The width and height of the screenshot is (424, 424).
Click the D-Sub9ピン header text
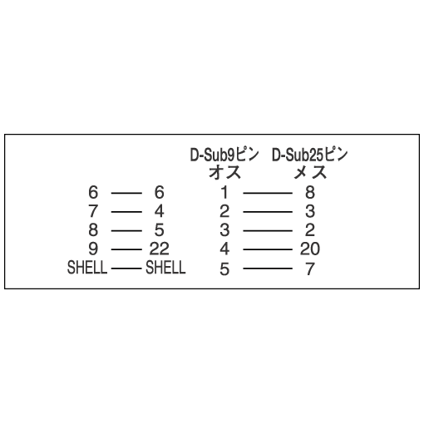pyautogui.click(x=224, y=155)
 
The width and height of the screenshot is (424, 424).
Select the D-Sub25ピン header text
pyautogui.click(x=309, y=155)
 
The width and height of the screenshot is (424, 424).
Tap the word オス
pyautogui.click(x=224, y=172)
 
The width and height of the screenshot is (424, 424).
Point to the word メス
pyautogui.click(x=310, y=172)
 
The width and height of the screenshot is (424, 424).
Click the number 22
pyautogui.click(x=159, y=249)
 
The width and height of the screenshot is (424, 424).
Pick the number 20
pyautogui.click(x=310, y=249)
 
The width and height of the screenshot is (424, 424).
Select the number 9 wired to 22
pyautogui.click(x=93, y=249)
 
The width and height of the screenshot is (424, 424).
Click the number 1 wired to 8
pyautogui.click(x=224, y=192)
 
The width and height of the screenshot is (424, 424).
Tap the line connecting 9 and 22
pyautogui.click(x=126, y=249)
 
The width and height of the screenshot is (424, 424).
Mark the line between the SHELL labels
pyautogui.click(x=126, y=269)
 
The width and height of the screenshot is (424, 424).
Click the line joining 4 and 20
pyautogui.click(x=268, y=249)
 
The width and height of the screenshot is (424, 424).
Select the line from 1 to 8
pyautogui.click(x=268, y=193)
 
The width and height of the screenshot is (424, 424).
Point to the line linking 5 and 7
pyautogui.click(x=268, y=269)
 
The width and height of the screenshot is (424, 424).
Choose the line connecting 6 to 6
pyautogui.click(x=126, y=193)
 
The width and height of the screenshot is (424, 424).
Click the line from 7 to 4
pyautogui.click(x=126, y=212)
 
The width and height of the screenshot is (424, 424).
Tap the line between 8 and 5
pyautogui.click(x=126, y=230)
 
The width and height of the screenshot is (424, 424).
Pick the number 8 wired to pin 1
pyautogui.click(x=310, y=192)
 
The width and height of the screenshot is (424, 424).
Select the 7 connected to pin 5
pyautogui.click(x=310, y=269)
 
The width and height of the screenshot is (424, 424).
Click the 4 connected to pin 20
pyautogui.click(x=224, y=249)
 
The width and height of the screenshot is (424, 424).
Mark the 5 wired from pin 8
pyautogui.click(x=159, y=230)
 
